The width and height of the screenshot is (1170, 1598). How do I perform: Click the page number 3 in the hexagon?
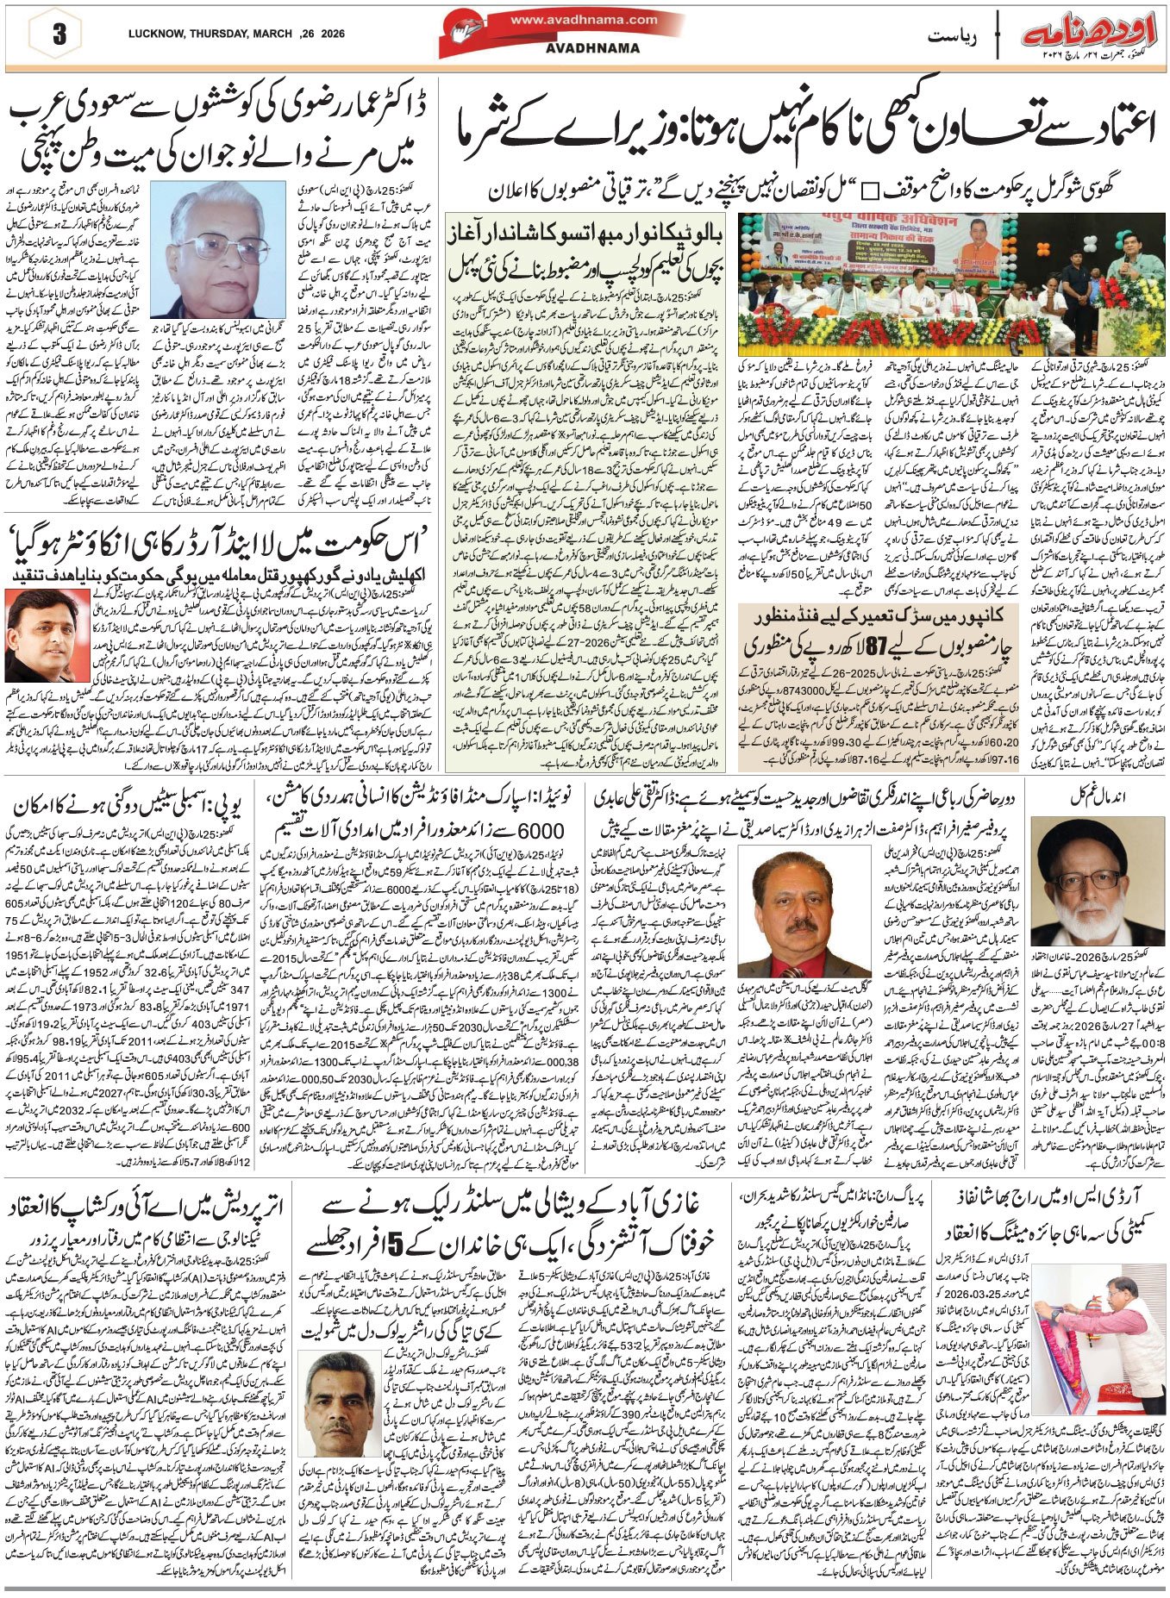[x=59, y=35]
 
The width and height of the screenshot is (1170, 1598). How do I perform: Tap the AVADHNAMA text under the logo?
[x=592, y=49]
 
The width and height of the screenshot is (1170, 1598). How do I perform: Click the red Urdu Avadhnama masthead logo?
[x=1090, y=36]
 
